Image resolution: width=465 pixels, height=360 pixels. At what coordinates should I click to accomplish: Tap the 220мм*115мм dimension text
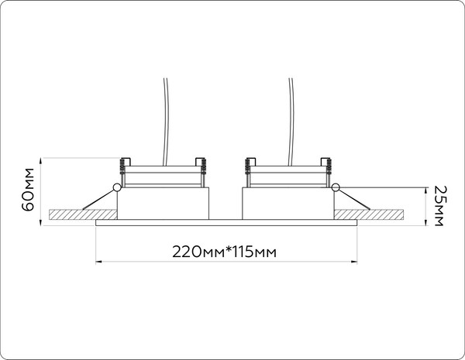point(225,252)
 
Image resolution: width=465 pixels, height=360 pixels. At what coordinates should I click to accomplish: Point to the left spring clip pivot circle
point(116,187)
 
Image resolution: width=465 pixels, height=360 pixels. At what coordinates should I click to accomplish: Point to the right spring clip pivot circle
point(335,187)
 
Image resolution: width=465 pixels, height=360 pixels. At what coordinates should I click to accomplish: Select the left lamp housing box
point(163,203)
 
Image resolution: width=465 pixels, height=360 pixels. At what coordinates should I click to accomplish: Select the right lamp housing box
point(288,203)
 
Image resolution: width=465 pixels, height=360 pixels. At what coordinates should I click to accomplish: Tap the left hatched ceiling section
point(66,214)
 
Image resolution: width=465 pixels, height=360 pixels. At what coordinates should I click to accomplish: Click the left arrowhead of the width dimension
point(98,261)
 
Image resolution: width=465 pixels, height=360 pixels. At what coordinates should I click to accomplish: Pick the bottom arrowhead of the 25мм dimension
point(428,223)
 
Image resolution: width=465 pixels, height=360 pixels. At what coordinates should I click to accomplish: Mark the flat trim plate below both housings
point(225,223)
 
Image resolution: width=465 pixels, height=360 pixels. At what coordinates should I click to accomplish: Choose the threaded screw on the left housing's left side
point(122,166)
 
